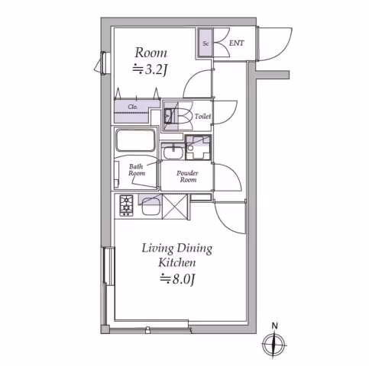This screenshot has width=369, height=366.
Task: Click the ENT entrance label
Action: click(x=237, y=43)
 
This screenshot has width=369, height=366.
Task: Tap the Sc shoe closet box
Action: click(x=206, y=43)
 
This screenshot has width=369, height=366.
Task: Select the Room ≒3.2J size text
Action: click(x=151, y=69)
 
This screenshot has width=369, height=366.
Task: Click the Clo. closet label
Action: click(x=133, y=107)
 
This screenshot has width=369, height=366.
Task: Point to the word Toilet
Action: click(x=202, y=117)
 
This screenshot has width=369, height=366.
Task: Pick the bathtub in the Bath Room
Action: click(x=136, y=140)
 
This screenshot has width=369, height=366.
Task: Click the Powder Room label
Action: click(x=188, y=176)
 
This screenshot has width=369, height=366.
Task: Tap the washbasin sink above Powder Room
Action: click(x=173, y=152)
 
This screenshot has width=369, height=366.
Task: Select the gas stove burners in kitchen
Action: click(x=126, y=206)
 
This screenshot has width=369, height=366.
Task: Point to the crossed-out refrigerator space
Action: click(x=175, y=207)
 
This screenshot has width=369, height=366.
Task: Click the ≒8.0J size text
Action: click(x=177, y=280)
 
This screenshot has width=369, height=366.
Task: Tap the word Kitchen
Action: click(x=177, y=263)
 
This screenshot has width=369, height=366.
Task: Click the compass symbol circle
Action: click(x=274, y=345)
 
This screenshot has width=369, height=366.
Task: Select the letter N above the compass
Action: click(x=274, y=326)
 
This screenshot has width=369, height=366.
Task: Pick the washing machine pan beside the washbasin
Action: click(x=198, y=148)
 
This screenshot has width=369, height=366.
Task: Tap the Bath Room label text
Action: click(x=137, y=170)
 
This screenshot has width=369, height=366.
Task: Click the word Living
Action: click(x=157, y=248)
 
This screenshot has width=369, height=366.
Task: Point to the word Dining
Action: click(x=195, y=248)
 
